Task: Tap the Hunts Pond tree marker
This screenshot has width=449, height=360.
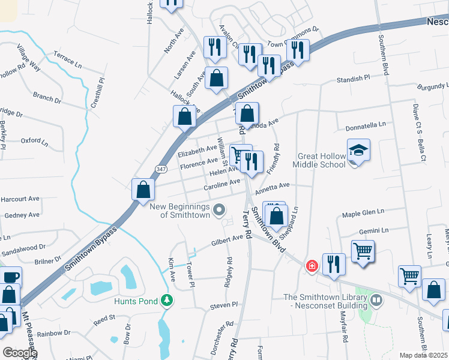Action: click(x=169, y=300)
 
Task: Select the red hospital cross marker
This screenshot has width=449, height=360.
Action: click(x=312, y=265)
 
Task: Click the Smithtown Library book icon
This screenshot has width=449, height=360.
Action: click(x=376, y=298)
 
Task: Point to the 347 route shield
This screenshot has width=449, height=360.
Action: click(x=161, y=169)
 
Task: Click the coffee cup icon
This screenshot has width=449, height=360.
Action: click(x=11, y=277)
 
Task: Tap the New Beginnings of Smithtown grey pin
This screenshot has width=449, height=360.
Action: click(x=220, y=210)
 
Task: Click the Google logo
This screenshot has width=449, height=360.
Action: click(x=19, y=352)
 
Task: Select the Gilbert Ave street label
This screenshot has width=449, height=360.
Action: click(x=226, y=242)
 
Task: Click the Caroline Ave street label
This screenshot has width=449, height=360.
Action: click(x=221, y=185)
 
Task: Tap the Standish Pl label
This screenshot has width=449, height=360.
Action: click(x=354, y=79)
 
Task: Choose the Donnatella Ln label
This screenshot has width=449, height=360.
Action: click(x=366, y=127)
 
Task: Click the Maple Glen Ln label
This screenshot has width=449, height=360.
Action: click(x=362, y=213)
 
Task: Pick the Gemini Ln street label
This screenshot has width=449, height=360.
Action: click(x=374, y=230)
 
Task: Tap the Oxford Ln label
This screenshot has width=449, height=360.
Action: click(x=34, y=142)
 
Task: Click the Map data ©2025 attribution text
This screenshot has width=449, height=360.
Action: click(x=423, y=355)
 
